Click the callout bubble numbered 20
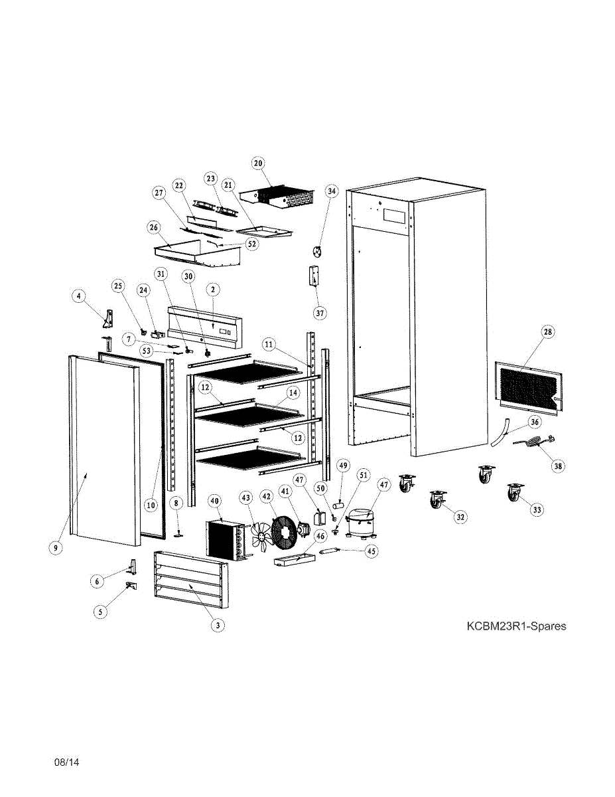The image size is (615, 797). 258,163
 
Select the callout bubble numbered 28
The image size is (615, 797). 549,331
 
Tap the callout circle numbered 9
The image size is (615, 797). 56,548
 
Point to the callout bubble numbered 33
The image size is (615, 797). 536,509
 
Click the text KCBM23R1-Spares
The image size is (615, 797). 516,626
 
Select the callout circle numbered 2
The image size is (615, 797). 213,290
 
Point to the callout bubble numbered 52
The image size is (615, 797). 251,244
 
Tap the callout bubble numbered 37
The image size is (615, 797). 320,311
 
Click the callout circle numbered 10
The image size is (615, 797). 151,505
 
